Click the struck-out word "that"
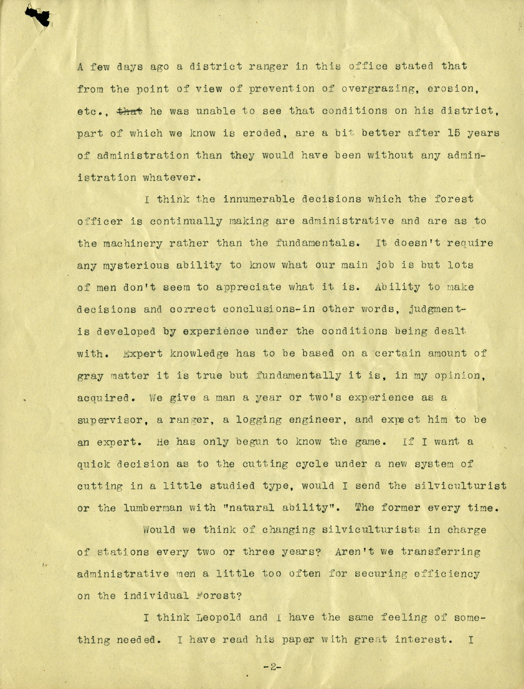click(x=129, y=111)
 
